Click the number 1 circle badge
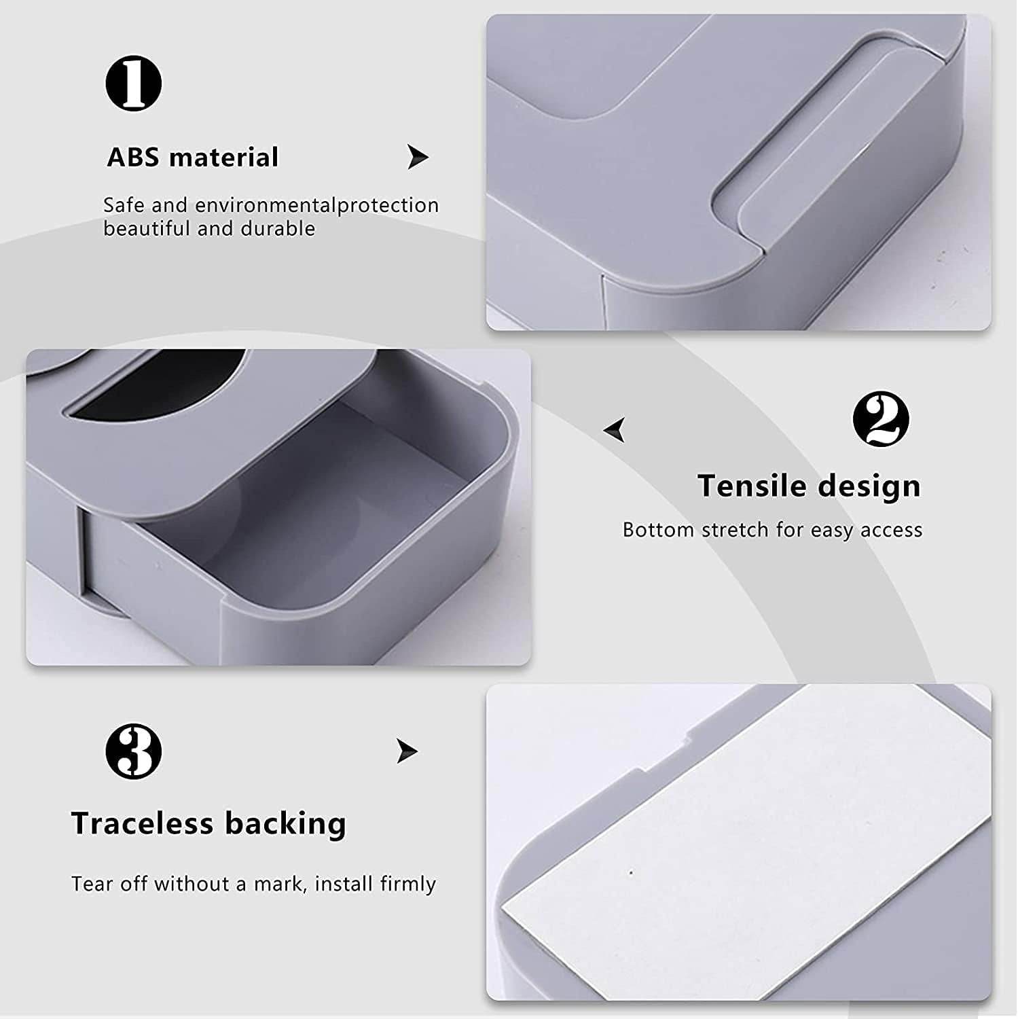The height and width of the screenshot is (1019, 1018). [x=134, y=84]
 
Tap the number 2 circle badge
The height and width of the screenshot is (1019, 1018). [x=881, y=419]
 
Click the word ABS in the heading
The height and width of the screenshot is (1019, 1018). [x=133, y=158]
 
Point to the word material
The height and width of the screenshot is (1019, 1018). [x=224, y=158]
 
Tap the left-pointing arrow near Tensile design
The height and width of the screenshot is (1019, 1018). [x=615, y=430]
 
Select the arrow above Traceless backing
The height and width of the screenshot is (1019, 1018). [x=407, y=751]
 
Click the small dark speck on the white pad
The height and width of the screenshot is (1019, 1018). [x=631, y=873]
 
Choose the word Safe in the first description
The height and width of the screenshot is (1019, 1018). [x=124, y=205]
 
